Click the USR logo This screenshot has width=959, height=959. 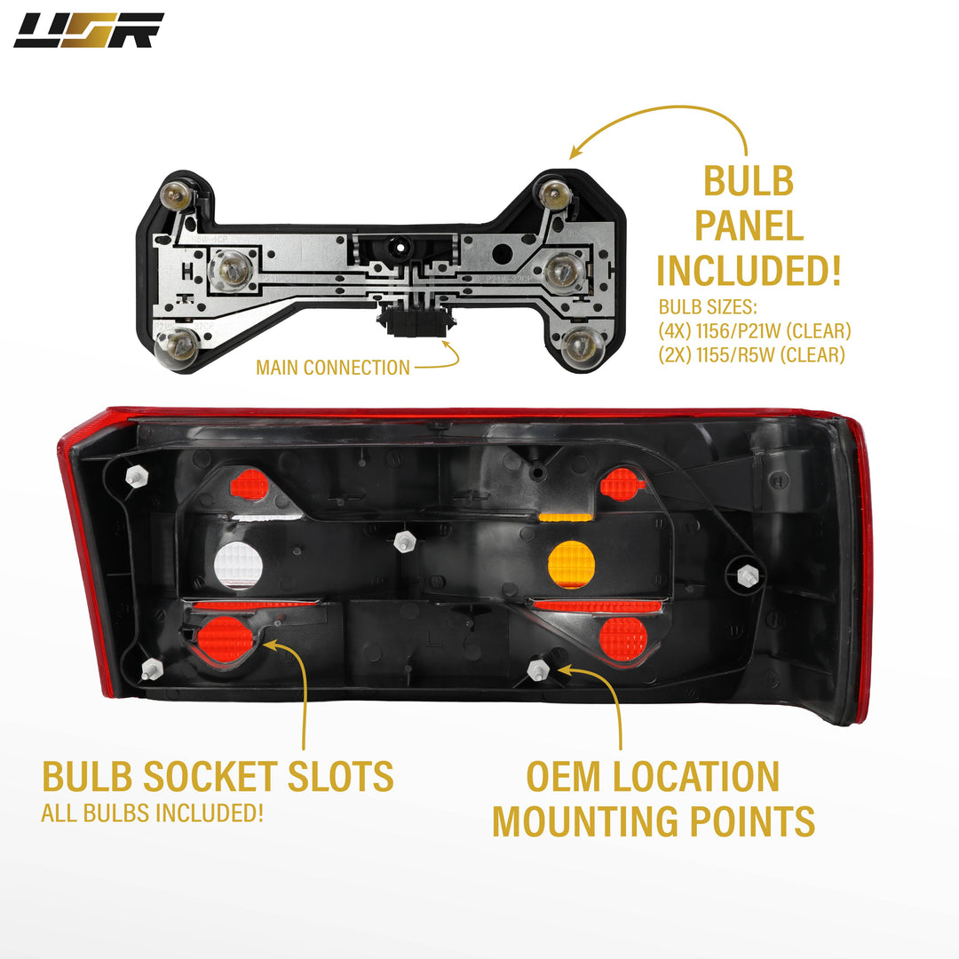click(x=89, y=30)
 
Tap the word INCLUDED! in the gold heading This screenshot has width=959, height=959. click(x=749, y=270)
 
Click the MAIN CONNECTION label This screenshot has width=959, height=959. click(x=333, y=368)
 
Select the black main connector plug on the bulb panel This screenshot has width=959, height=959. click(x=416, y=320)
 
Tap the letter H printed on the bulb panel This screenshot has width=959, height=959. click(x=187, y=271)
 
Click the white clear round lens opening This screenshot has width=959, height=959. click(x=238, y=565)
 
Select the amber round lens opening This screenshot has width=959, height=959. click(x=571, y=564)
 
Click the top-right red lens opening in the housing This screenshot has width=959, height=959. click(x=622, y=485)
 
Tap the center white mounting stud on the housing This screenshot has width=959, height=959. click(x=404, y=542)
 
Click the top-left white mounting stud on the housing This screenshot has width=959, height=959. click(x=137, y=476)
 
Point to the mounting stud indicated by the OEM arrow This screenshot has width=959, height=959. click(x=537, y=670)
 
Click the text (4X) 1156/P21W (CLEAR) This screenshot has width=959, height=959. click(x=755, y=331)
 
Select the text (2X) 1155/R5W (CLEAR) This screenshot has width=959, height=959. click(x=752, y=354)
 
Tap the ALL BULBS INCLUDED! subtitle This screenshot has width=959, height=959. click(x=153, y=812)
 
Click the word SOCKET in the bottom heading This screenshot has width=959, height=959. click(x=210, y=777)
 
